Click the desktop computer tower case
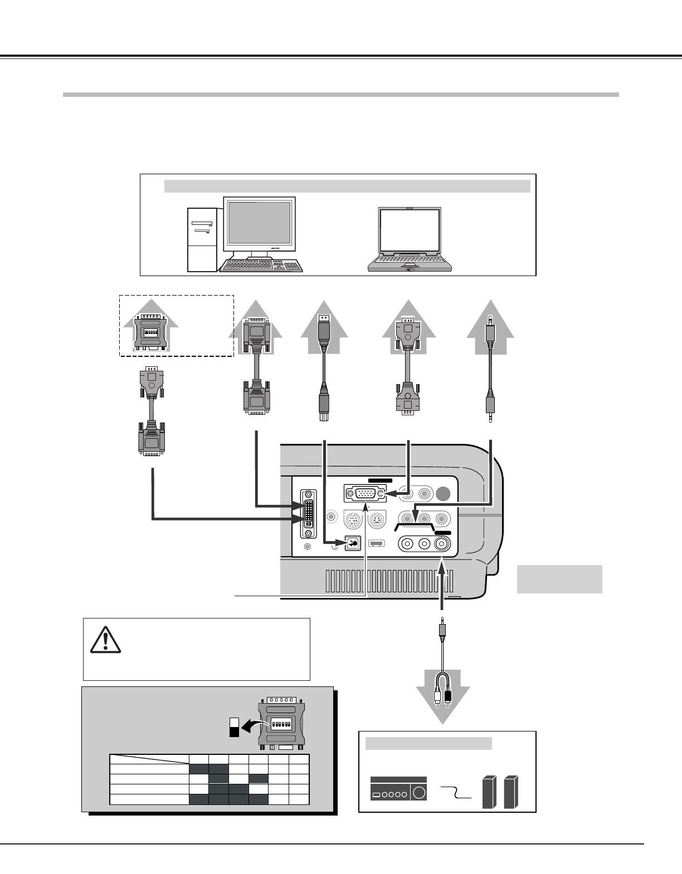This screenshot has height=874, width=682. pos(202,239)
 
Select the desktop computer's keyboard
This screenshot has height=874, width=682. pos(261,264)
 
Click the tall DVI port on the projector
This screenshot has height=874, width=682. pos(308,514)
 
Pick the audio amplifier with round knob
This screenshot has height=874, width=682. pos(398,790)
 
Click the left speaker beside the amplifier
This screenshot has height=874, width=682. pos(489,792)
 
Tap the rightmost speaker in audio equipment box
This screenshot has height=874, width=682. pos(511,792)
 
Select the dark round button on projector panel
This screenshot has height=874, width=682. pos(445,493)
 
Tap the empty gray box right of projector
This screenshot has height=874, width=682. pos(559,579)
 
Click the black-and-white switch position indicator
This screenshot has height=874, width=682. pos(234,726)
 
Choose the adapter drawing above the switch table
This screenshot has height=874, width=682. pos(281,723)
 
